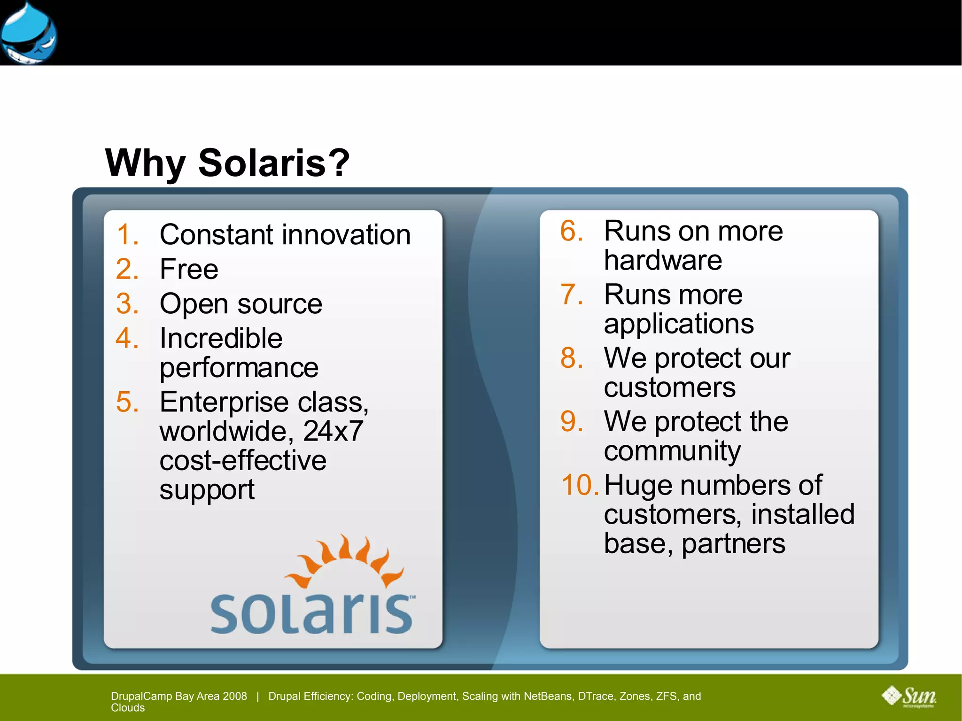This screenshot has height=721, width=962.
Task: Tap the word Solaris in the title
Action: point(273,163)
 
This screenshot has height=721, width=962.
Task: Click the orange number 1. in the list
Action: point(127,234)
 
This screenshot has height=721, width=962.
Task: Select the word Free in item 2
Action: point(189,269)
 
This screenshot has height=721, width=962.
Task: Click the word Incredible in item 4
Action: point(221,338)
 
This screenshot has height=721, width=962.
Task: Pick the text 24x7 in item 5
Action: point(333,431)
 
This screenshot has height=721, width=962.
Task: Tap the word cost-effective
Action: point(242,460)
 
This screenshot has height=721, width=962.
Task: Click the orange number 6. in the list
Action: point(572,231)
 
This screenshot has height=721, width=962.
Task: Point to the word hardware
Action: point(663,260)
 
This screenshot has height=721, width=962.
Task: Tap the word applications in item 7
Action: point(679,324)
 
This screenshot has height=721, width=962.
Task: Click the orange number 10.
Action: point(580,485)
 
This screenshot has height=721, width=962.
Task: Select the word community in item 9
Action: point(672,451)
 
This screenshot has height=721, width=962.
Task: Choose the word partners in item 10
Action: point(733,543)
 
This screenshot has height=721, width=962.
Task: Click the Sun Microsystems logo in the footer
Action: point(909,697)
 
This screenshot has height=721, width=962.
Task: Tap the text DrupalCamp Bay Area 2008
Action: point(178,696)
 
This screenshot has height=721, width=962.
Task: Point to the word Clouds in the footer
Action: point(128,708)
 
